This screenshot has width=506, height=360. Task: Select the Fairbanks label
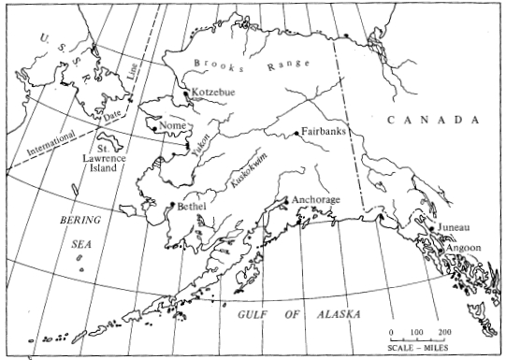324,132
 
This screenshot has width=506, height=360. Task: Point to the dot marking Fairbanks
296,134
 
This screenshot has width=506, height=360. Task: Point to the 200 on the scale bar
443,333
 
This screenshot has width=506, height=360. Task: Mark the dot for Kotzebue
189,92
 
